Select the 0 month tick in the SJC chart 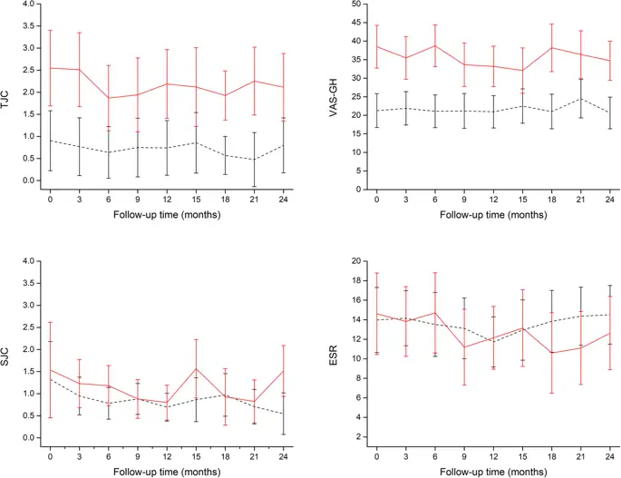click(x=50, y=456)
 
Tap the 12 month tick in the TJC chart click(x=167, y=200)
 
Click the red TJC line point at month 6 click(x=108, y=98)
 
